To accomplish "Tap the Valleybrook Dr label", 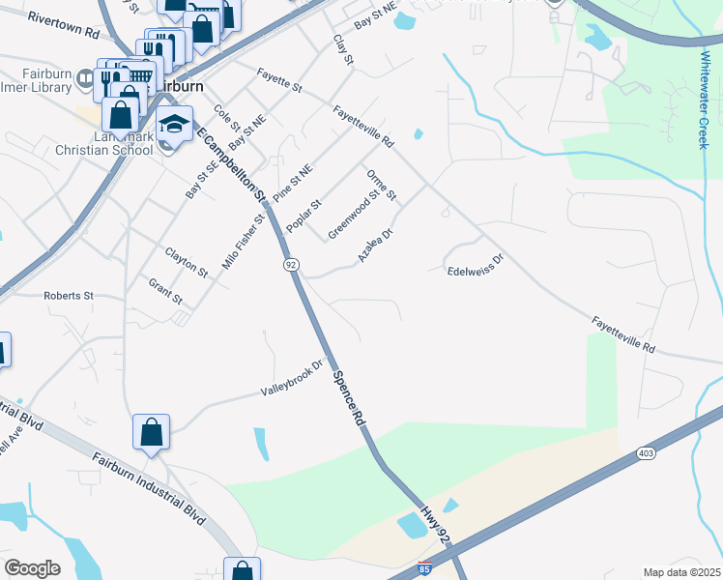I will [291, 380].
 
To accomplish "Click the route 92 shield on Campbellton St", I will [290, 264].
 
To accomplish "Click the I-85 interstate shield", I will [425, 569].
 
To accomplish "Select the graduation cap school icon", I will [175, 124].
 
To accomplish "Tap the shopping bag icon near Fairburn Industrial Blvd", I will [153, 432].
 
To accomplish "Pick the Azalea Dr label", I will [375, 246].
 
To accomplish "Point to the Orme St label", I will [382, 185].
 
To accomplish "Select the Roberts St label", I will [68, 295].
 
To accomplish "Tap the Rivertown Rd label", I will [64, 25].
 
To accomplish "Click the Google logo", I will [32, 567].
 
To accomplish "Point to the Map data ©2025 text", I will [681, 572].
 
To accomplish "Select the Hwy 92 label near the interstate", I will [437, 524].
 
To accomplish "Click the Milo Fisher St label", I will [243, 241].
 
